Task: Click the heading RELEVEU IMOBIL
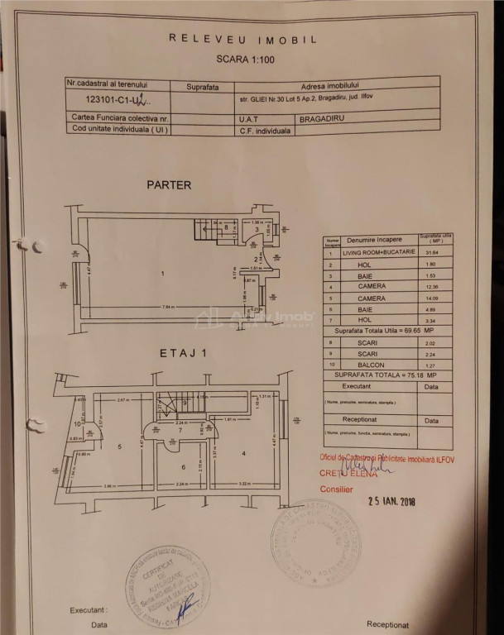[242, 38]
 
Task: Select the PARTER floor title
[169, 185]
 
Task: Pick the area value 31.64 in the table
[430, 252]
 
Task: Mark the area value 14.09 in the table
[430, 298]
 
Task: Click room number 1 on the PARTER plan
[163, 273]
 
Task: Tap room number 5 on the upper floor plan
[121, 447]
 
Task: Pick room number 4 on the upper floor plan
[244, 453]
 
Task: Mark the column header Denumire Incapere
[372, 239]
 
